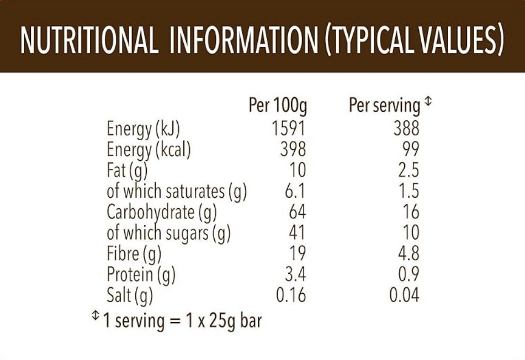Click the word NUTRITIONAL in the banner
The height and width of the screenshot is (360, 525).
89,40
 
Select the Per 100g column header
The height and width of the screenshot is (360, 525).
278,105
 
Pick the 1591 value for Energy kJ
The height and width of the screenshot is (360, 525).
288,129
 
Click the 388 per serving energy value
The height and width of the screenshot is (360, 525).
406,129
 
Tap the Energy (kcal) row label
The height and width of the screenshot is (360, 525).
149,150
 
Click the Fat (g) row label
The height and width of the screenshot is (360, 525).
127,171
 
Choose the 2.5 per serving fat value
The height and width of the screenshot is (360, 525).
409,171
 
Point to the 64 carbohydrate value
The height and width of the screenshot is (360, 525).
297,212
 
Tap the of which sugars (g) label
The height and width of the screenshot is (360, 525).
168,233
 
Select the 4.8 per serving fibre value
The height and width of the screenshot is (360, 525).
409,253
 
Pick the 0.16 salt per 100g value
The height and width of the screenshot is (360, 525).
291,295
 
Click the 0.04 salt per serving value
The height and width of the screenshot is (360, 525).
404,295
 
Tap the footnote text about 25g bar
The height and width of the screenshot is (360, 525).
182,320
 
